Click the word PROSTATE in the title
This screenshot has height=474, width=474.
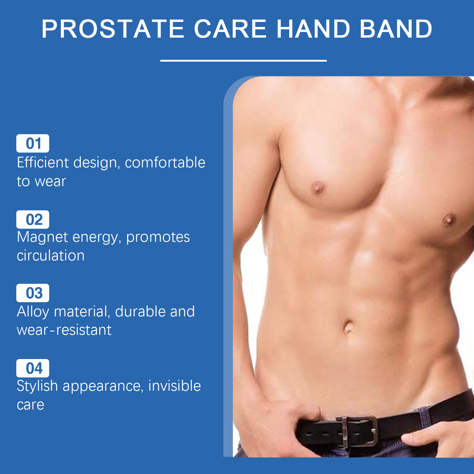click(113, 29)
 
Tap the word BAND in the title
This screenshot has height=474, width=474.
click(396, 29)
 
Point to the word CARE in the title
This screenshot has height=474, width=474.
click(230, 29)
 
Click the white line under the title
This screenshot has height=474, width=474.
click(244, 60)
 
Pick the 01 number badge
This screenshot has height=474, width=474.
click(33, 143)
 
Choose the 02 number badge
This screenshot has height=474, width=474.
click(33, 220)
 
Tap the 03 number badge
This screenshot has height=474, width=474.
click(33, 293)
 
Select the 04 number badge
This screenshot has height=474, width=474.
click(33, 368)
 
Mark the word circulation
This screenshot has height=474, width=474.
click(51, 255)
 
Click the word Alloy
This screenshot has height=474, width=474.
click(33, 312)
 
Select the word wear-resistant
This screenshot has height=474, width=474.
click(64, 330)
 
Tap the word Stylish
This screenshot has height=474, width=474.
click(37, 386)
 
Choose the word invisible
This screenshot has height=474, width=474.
click(174, 386)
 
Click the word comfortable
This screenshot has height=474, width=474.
click(165, 162)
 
